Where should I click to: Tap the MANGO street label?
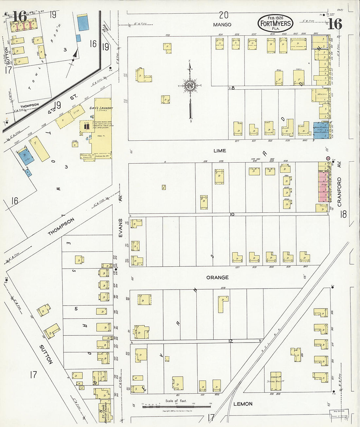[x=222, y=25]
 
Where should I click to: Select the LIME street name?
[x=220, y=151]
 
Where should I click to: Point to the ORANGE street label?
[x=217, y=277]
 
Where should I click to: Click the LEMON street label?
[x=243, y=404]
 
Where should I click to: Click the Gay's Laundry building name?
[x=101, y=109]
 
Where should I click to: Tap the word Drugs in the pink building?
[x=324, y=185]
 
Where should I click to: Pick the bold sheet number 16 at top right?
[x=335, y=24]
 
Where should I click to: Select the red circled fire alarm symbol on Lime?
[x=328, y=158]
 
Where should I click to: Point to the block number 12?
[x=230, y=341]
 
